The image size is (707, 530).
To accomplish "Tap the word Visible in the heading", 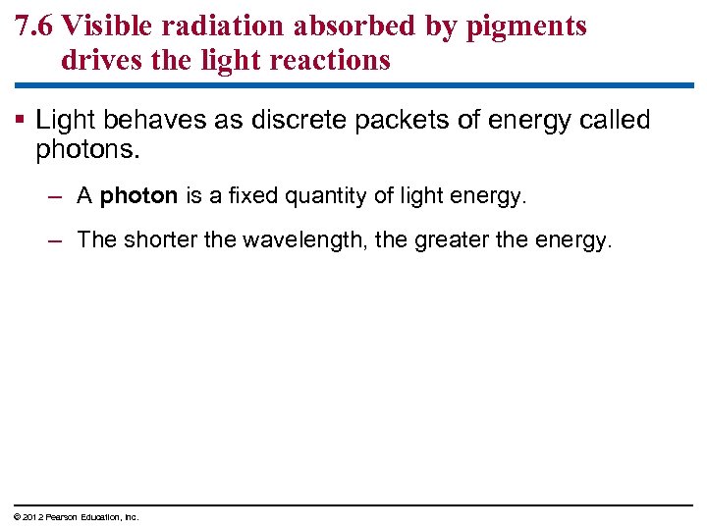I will pos(100,26).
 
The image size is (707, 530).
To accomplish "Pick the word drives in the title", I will pos(95,61).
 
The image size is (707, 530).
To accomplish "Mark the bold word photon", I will pos(138,196).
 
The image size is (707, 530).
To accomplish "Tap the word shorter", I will pos(162,239).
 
